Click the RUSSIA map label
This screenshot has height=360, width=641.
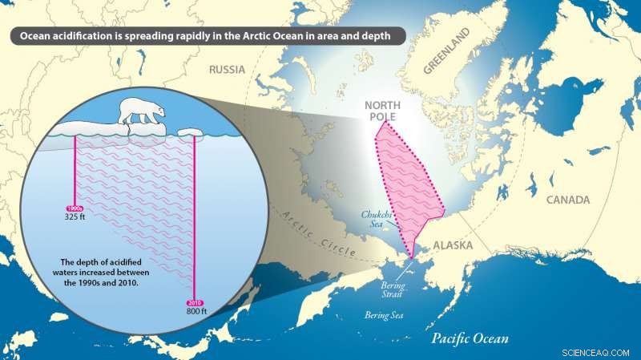click(x=227, y=70)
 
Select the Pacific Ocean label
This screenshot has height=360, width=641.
click(x=470, y=338)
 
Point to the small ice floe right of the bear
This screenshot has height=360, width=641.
click(x=191, y=131)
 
